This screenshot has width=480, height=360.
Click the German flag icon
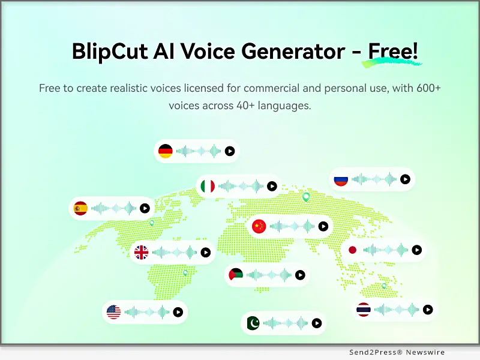(x=166, y=151)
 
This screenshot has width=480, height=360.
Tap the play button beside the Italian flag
(x=272, y=187)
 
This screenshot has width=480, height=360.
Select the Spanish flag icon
(x=80, y=208)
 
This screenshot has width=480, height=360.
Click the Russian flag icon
(x=341, y=179)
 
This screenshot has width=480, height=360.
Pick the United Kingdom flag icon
(x=142, y=253)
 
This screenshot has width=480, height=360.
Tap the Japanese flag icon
(x=353, y=250)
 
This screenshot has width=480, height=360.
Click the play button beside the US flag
(x=178, y=312)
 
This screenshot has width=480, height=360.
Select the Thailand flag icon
(x=364, y=310)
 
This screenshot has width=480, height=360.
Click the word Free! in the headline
(x=393, y=52)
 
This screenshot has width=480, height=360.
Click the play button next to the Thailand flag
(x=427, y=310)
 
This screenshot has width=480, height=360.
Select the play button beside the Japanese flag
(x=416, y=250)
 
